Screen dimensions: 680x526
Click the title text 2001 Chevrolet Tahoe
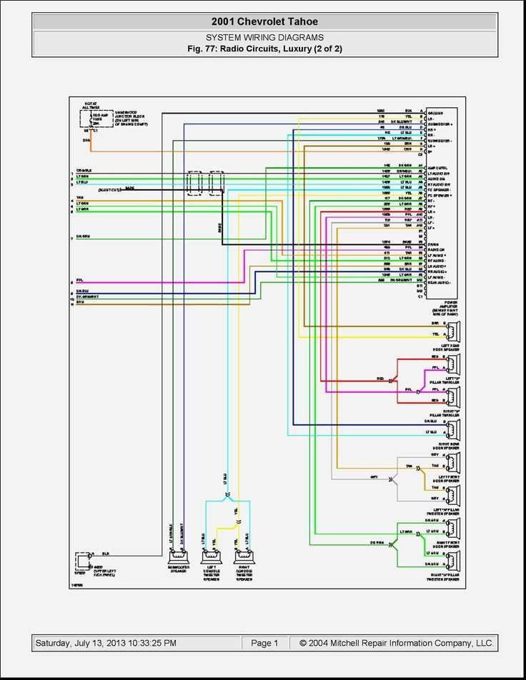[x=264, y=22]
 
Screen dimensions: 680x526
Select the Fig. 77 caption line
[x=264, y=49]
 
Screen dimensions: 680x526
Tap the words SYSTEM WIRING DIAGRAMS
[x=264, y=37]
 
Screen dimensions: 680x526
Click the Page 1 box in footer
[x=264, y=643]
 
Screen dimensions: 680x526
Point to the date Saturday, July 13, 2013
[x=106, y=643]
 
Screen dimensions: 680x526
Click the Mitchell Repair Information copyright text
[x=396, y=643]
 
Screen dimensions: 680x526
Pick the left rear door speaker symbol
[x=453, y=332]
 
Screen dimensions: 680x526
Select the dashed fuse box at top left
[x=96, y=118]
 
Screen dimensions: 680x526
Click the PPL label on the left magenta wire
[x=79, y=280]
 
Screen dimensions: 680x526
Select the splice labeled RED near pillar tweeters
[x=391, y=381]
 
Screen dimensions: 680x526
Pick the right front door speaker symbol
[x=453, y=529]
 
